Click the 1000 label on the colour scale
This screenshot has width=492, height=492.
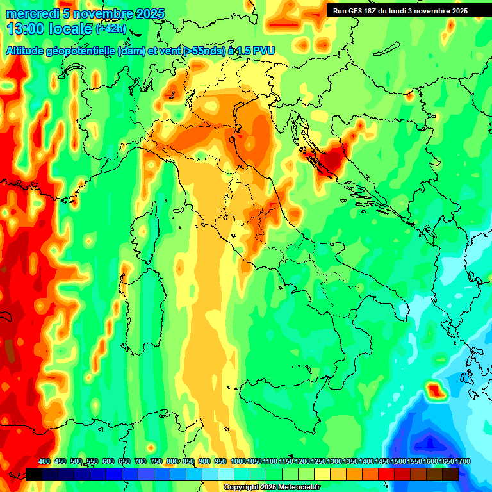238,461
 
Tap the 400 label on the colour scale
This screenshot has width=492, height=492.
44,461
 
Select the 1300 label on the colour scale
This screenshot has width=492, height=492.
334,461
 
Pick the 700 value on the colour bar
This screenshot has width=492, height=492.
140,461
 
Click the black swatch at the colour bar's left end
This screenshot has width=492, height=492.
34,474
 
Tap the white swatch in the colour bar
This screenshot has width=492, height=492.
226,474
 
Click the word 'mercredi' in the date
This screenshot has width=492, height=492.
32,14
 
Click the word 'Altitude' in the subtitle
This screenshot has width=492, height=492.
27,51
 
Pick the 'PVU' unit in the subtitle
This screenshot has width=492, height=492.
260,51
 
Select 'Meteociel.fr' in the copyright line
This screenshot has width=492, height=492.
296,488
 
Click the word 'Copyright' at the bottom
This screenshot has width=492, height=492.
243,488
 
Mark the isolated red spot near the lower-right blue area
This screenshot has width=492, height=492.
436,389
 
